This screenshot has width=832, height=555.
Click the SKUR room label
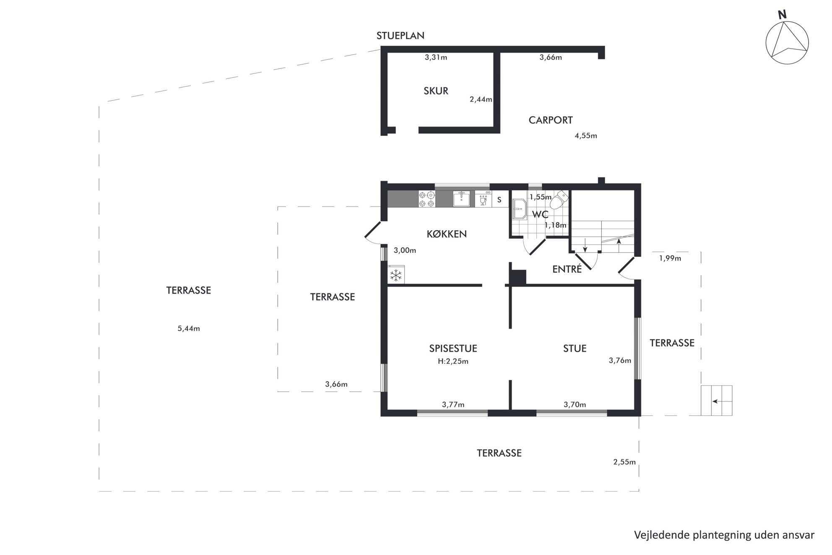[x=436, y=91]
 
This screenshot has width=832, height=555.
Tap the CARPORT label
[x=550, y=120]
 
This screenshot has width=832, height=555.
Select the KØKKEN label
[x=447, y=234]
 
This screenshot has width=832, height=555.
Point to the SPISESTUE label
[x=453, y=348]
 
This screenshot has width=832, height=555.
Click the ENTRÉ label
[x=567, y=269]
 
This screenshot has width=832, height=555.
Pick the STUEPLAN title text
[x=400, y=36]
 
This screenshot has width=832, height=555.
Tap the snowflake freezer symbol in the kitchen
[x=396, y=275]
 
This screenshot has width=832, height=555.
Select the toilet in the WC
[x=557, y=200]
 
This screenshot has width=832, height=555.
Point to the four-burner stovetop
[x=426, y=199]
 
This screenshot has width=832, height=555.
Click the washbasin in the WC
[x=520, y=208]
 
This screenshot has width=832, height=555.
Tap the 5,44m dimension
[x=188, y=328]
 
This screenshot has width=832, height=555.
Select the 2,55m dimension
[x=624, y=462]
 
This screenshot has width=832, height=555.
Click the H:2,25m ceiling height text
[x=453, y=361]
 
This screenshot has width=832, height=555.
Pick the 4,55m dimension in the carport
[x=586, y=135]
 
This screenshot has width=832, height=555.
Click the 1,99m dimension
[x=670, y=258]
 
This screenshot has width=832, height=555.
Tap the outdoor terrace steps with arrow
[x=717, y=401]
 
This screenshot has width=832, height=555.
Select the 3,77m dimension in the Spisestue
[x=453, y=404]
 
